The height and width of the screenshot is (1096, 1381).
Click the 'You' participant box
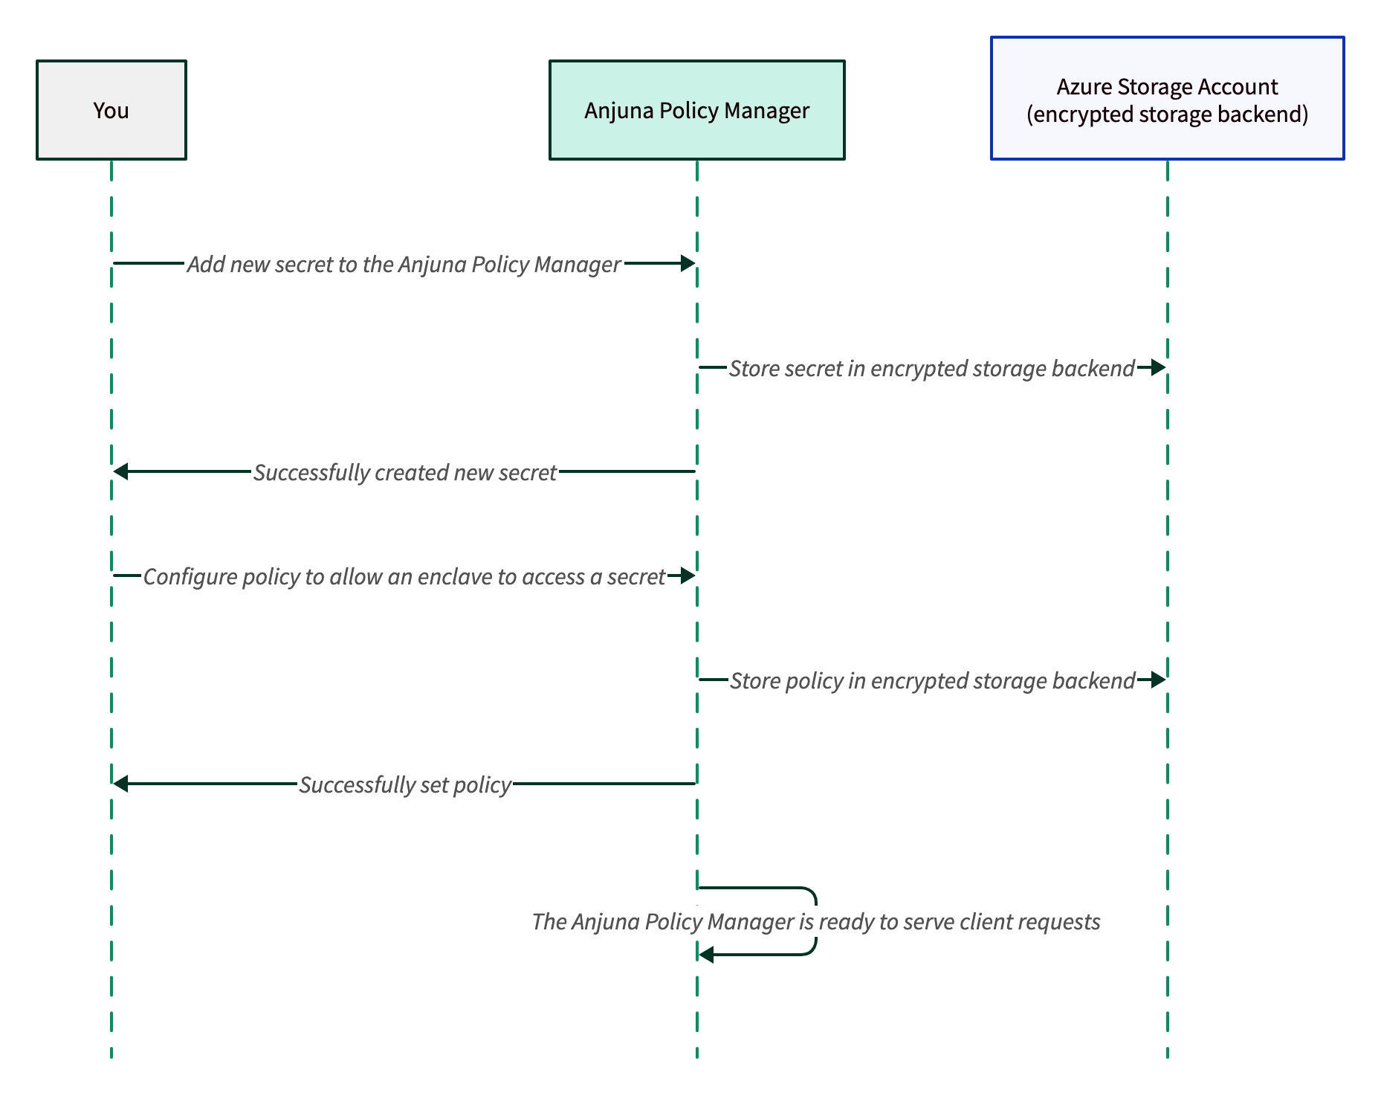click(x=111, y=110)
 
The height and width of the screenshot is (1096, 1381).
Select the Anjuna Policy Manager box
click(x=696, y=110)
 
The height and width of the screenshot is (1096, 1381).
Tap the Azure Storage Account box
click(x=1167, y=98)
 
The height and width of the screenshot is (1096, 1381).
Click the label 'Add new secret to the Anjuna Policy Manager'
click(x=404, y=264)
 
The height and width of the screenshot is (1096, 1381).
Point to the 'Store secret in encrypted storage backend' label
click(x=931, y=368)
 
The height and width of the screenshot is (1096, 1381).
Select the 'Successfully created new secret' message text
click(x=405, y=472)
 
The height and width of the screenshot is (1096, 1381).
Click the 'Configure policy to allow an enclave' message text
click(x=404, y=576)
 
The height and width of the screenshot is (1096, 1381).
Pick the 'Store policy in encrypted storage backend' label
click(x=932, y=680)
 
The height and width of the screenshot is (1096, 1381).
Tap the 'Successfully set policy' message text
click(x=405, y=784)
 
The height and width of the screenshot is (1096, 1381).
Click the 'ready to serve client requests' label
click(x=816, y=921)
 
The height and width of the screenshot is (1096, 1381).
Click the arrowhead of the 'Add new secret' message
click(x=688, y=263)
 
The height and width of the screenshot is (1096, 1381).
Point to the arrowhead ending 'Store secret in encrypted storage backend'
click(x=1157, y=367)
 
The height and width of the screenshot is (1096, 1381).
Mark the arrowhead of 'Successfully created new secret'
click(x=121, y=471)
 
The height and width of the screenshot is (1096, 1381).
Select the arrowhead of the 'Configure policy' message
click(x=688, y=576)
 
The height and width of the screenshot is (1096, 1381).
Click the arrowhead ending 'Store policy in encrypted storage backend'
click(x=1157, y=680)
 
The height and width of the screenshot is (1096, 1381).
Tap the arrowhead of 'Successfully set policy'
click(x=121, y=784)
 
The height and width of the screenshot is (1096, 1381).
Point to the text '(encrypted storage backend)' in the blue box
click(x=1167, y=115)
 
